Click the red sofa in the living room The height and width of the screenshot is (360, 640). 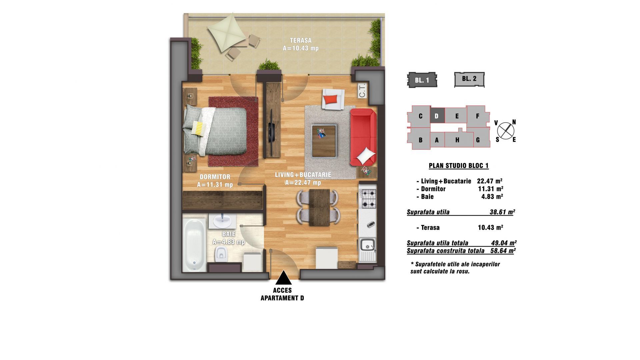[363, 137]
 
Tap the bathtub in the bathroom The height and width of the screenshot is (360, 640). [194, 245]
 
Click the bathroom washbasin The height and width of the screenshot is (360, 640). [222, 221]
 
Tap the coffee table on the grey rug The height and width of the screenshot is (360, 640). [324, 140]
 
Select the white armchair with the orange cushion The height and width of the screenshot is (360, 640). [333, 99]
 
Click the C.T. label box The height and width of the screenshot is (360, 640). [362, 90]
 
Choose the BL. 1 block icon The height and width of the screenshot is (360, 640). [422, 80]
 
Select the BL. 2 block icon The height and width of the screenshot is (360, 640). [469, 79]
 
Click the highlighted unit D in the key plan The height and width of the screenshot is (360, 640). [437, 116]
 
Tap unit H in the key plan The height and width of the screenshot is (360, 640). [457, 140]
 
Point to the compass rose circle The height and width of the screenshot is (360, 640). [505, 130]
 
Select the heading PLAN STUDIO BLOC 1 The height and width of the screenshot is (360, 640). [459, 166]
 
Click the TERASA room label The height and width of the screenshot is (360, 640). [301, 41]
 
